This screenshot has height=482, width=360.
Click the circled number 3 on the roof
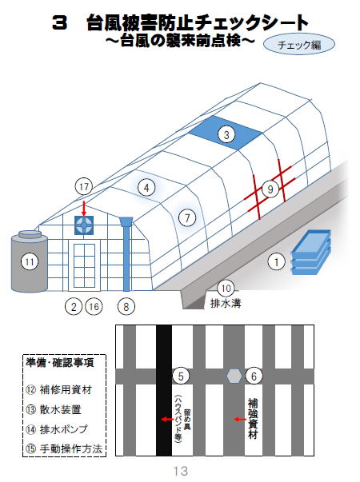226,134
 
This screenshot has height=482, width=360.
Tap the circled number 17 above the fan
84,186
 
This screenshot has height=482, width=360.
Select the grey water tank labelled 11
30,261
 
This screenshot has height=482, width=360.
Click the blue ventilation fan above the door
84,225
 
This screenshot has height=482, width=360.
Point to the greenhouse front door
84,265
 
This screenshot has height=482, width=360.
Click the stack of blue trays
310,252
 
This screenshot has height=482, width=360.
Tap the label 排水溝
226,304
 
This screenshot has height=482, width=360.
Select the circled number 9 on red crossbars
270,189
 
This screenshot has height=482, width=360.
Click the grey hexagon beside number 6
234,376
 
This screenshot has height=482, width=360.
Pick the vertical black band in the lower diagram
164,390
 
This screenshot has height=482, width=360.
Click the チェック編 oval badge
298,45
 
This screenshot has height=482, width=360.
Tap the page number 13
180,471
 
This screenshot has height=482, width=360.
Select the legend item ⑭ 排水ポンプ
57,429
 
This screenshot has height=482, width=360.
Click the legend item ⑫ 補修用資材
58,390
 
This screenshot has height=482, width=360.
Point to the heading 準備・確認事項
60,363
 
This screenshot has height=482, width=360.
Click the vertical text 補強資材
253,419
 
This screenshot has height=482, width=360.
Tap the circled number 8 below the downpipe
126,306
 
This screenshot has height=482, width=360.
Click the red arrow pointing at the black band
168,420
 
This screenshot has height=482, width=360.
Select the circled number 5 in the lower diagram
181,376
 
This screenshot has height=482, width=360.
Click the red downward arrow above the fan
84,209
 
